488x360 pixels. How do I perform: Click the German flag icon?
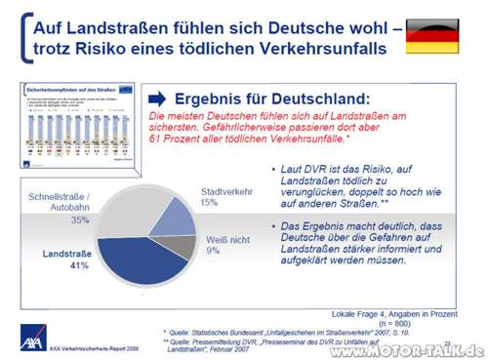click(x=431, y=35)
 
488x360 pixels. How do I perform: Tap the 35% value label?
click(x=80, y=220)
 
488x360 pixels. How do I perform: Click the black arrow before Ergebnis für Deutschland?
click(x=156, y=98)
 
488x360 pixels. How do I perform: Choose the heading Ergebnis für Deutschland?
click(x=271, y=98)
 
